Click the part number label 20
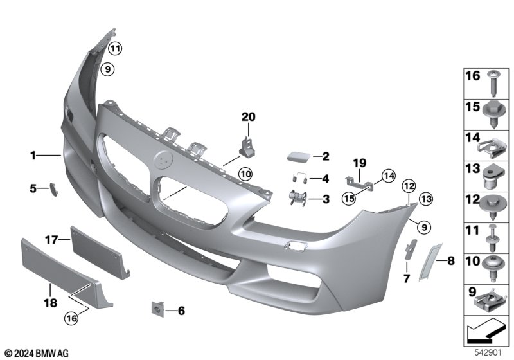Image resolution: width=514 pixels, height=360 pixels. (249, 116)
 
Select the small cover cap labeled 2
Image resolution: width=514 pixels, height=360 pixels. (298, 156)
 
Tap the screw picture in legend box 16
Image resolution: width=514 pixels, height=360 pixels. (492, 82)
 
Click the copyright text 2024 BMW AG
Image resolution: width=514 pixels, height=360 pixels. (36, 353)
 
